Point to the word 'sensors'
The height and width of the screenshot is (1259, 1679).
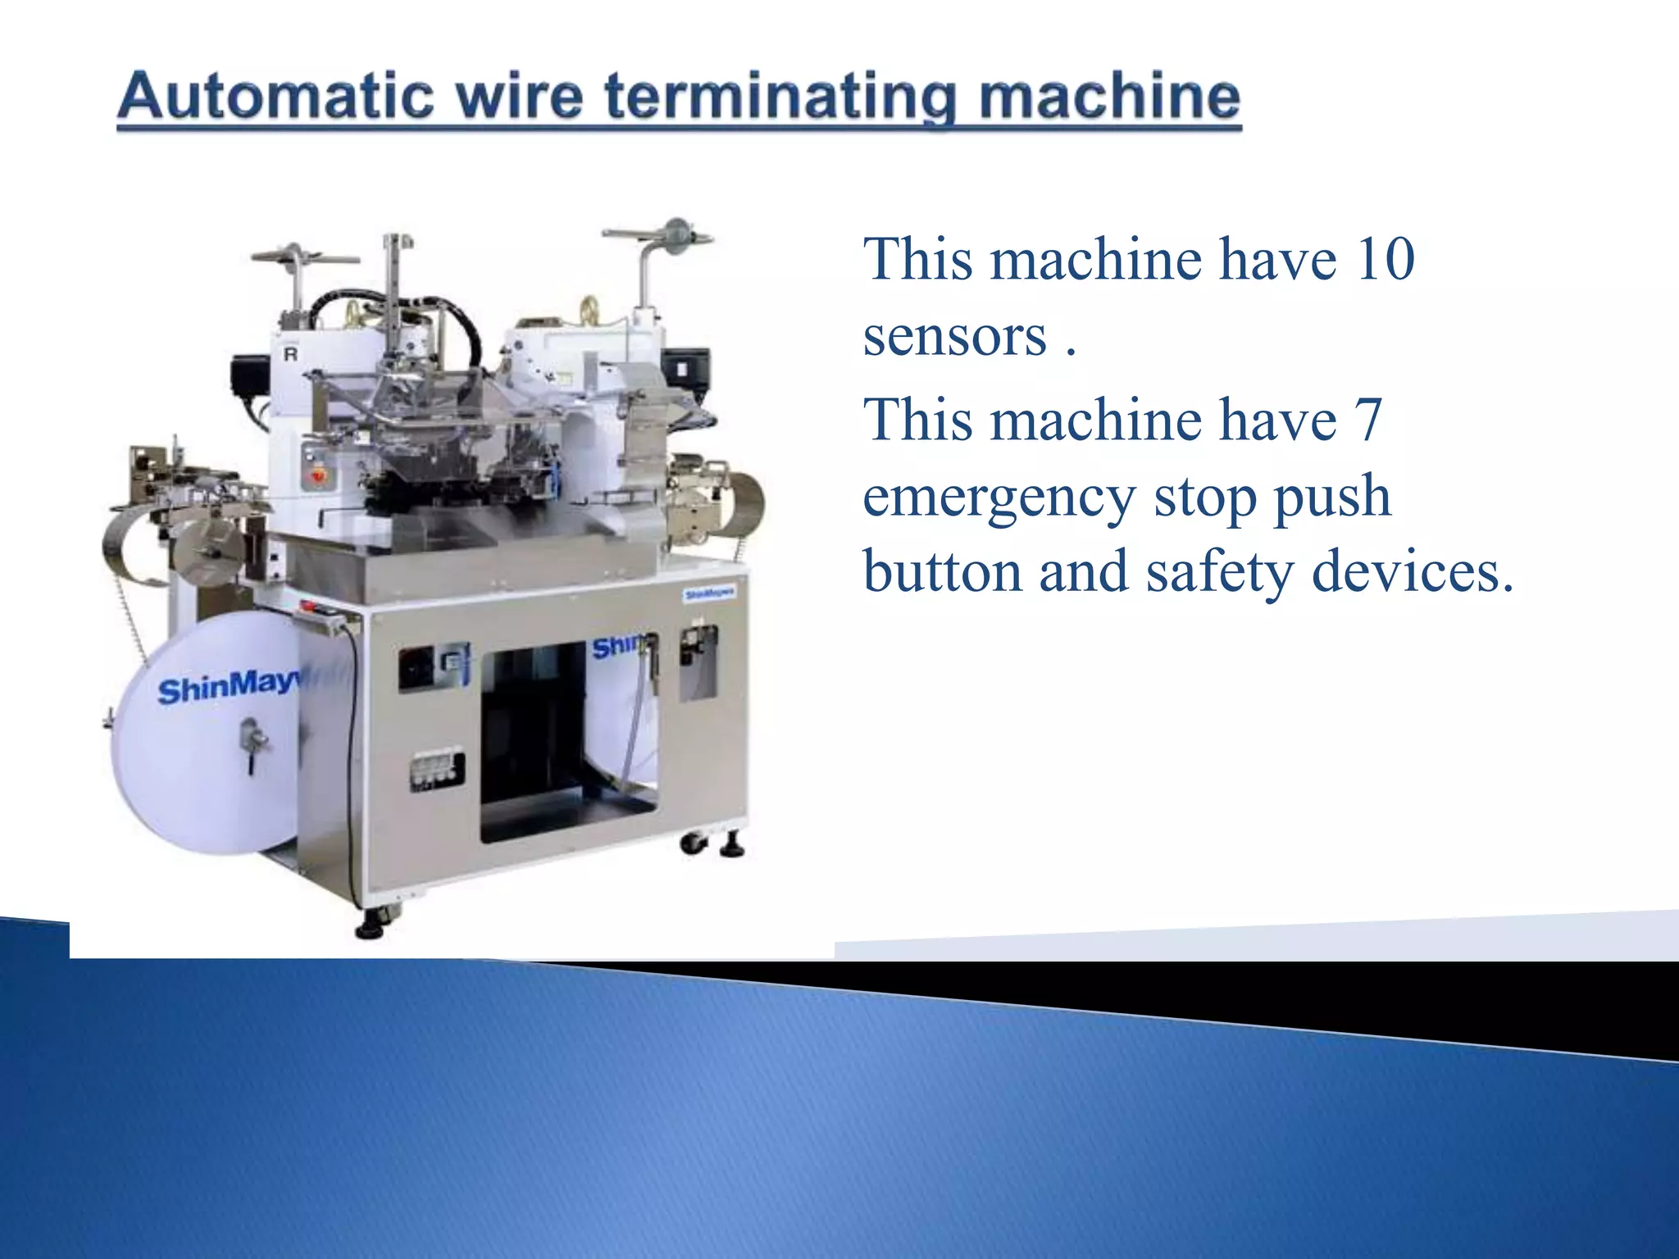tap(955, 336)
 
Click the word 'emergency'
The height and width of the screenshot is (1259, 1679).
tap(998, 497)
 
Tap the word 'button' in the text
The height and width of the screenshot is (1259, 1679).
tap(943, 571)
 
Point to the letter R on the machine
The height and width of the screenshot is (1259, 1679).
tap(290, 355)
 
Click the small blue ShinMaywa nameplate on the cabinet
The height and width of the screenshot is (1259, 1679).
tap(709, 593)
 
